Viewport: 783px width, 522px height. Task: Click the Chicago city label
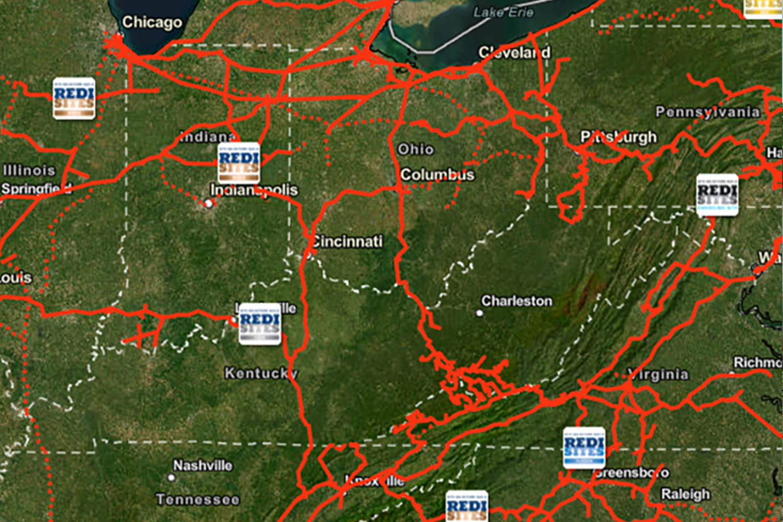(x=152, y=22)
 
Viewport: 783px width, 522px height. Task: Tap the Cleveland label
(x=514, y=52)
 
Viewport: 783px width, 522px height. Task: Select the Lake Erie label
(x=503, y=12)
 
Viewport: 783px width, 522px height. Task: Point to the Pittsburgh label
(x=618, y=137)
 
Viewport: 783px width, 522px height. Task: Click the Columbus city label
(x=437, y=175)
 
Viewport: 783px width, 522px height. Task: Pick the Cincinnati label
(x=347, y=241)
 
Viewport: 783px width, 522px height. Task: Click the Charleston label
(x=516, y=300)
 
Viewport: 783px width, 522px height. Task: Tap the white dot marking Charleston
(x=480, y=313)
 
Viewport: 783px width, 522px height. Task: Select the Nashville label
(x=202, y=465)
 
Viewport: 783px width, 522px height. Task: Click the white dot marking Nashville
(x=171, y=477)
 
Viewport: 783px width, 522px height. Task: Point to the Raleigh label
(x=685, y=494)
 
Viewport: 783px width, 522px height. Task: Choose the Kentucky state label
(x=261, y=373)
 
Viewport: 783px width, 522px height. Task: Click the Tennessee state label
(x=198, y=499)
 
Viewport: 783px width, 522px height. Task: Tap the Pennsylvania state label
(x=707, y=112)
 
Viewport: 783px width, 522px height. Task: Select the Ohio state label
(x=415, y=149)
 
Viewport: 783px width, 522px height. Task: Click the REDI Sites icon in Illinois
(x=74, y=98)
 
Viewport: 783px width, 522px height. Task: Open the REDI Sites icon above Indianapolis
(x=239, y=163)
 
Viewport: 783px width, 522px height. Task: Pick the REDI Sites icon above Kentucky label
(x=260, y=324)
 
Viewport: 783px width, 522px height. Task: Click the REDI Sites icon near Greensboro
(x=584, y=448)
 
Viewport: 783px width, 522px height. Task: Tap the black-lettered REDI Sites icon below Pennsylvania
(x=717, y=195)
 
